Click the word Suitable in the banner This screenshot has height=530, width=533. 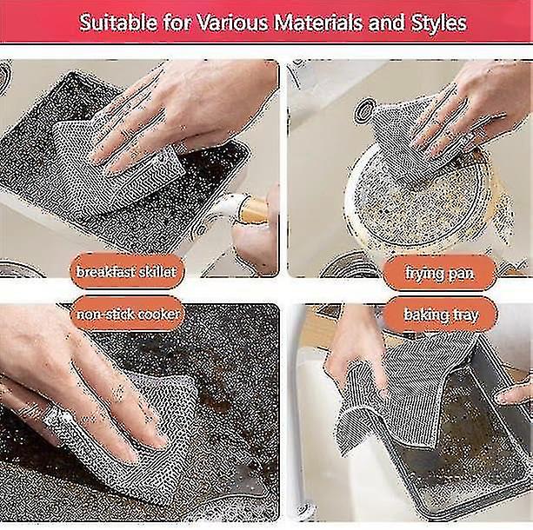(x=118, y=23)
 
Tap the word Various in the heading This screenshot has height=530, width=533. (x=232, y=23)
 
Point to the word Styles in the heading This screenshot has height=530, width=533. (x=438, y=23)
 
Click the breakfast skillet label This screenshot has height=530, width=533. (x=126, y=272)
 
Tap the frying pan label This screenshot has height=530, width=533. (x=439, y=273)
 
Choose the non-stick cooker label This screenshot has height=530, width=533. (x=127, y=315)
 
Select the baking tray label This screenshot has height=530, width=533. (x=441, y=315)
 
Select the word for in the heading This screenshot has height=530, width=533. (x=177, y=23)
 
